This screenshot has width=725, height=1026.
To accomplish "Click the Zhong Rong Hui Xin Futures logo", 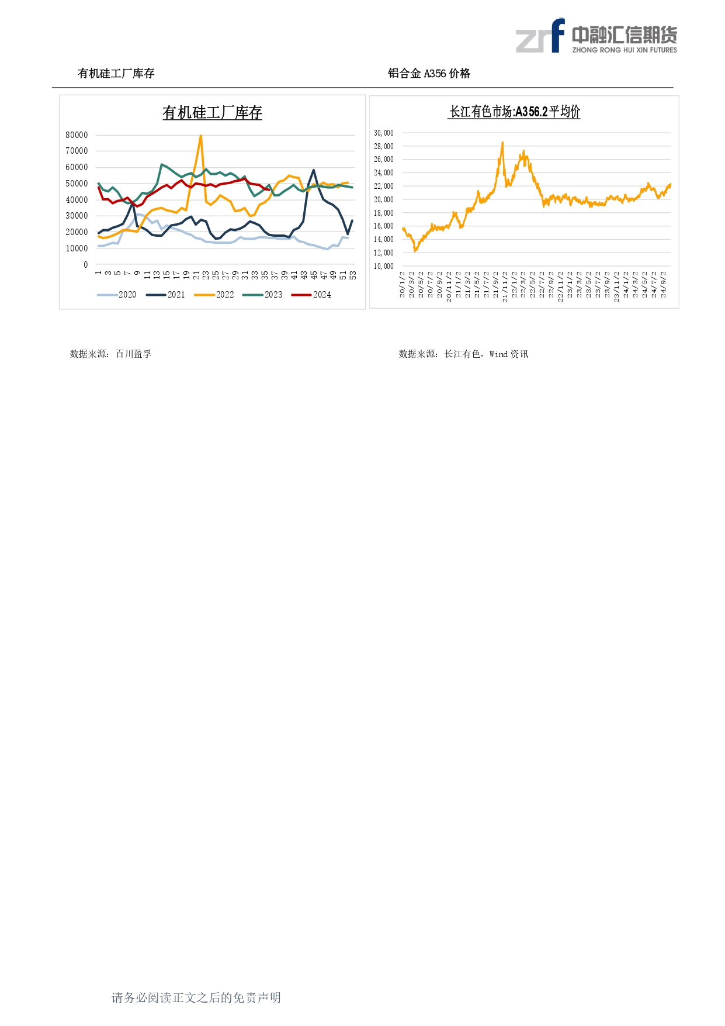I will point(596,37).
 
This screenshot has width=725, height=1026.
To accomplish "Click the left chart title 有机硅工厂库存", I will point(212,113).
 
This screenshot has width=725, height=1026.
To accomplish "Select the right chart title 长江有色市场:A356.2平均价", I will point(514,112).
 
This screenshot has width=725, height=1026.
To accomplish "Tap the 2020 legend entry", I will point(117,295).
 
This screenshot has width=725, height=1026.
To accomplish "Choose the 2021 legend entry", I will point(165,295).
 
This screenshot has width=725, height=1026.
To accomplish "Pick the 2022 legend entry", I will point(214,295).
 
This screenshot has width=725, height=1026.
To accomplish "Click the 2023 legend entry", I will point(263,295).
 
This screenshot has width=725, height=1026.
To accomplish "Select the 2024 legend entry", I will point(311,295).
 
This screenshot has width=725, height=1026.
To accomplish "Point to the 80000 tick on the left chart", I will point(77,135).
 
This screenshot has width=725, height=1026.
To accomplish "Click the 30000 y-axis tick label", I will point(77,216).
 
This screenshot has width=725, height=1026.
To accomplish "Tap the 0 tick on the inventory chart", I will point(85,265).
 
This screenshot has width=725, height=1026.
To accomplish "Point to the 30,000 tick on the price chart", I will point(384,133).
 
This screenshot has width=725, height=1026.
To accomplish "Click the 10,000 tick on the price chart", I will point(384,266).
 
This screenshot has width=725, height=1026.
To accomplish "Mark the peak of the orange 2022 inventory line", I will point(201,136).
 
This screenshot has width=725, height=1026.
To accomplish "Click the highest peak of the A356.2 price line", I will point(502,142).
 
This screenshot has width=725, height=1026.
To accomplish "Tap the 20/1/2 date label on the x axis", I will point(403,285).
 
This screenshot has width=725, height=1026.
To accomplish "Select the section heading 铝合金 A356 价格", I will point(429,74).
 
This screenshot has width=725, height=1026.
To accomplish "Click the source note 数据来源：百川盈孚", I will point(111,354).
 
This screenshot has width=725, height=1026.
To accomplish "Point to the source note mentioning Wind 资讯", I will point(463,354).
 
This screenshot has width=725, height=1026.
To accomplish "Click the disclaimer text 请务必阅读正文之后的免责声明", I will point(196,998).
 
